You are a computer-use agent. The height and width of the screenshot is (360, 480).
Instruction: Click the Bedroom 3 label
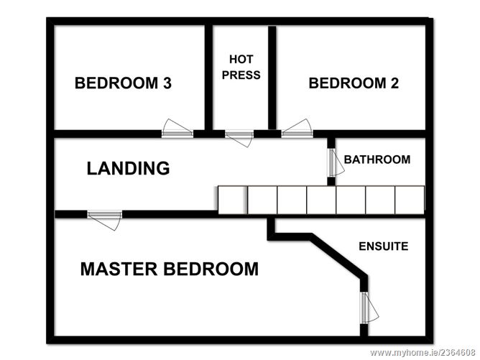(123, 83)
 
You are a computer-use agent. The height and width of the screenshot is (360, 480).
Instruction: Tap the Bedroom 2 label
(354, 83)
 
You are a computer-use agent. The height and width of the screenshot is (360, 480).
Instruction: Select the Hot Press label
(241, 67)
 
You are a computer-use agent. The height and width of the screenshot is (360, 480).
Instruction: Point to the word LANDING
(129, 168)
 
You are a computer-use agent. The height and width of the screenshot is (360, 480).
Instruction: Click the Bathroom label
(377, 160)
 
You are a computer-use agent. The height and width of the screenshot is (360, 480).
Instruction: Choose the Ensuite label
(384, 246)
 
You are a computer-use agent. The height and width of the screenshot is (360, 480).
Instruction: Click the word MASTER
(119, 269)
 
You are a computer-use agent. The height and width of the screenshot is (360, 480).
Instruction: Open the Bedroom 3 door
(177, 129)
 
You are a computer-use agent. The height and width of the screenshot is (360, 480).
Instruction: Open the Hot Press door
(239, 138)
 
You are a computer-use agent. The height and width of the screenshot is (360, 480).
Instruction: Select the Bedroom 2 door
(297, 129)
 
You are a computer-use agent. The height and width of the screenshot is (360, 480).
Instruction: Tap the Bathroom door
(335, 162)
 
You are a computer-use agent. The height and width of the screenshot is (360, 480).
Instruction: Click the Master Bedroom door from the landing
(105, 219)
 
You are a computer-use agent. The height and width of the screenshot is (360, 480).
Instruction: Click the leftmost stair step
(233, 200)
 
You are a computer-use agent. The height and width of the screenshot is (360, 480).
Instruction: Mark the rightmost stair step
(410, 200)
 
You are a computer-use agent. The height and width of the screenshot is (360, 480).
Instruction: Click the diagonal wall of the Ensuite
(338, 257)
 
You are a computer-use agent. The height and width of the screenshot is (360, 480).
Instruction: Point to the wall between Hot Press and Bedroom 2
(272, 78)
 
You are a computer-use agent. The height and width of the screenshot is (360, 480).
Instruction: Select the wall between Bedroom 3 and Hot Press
(208, 78)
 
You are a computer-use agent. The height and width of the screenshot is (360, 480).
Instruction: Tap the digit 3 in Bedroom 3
(167, 83)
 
